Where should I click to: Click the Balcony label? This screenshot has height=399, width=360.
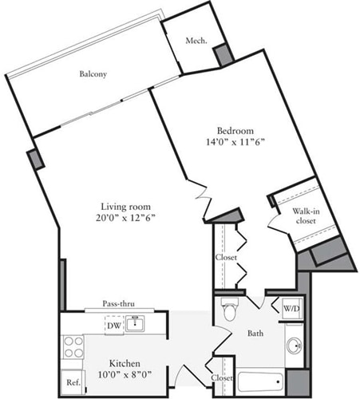click(x=93, y=74)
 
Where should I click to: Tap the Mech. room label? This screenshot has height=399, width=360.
click(x=196, y=41)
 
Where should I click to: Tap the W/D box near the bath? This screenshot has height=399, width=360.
click(x=291, y=308)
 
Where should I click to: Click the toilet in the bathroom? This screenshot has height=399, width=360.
click(x=229, y=309)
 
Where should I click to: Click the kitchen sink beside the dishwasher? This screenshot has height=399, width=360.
click(x=137, y=323)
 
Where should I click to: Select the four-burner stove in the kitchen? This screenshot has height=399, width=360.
click(x=73, y=347)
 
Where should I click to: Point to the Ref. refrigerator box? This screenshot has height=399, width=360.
click(x=72, y=382)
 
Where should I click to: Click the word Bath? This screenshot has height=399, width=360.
click(x=255, y=334)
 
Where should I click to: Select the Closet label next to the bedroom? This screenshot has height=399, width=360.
click(x=226, y=258)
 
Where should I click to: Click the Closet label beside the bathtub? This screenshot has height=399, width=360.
click(x=223, y=377)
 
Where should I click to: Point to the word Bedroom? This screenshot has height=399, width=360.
click(x=235, y=131)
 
